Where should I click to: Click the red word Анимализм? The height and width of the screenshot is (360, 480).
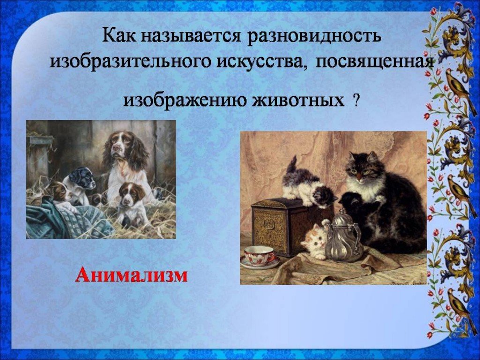coord(131,275)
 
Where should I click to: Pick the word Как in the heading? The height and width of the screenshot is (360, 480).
coord(120,36)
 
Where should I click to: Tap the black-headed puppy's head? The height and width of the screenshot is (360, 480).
coord(82,178)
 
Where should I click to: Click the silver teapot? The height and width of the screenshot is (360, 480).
coord(343,237)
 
